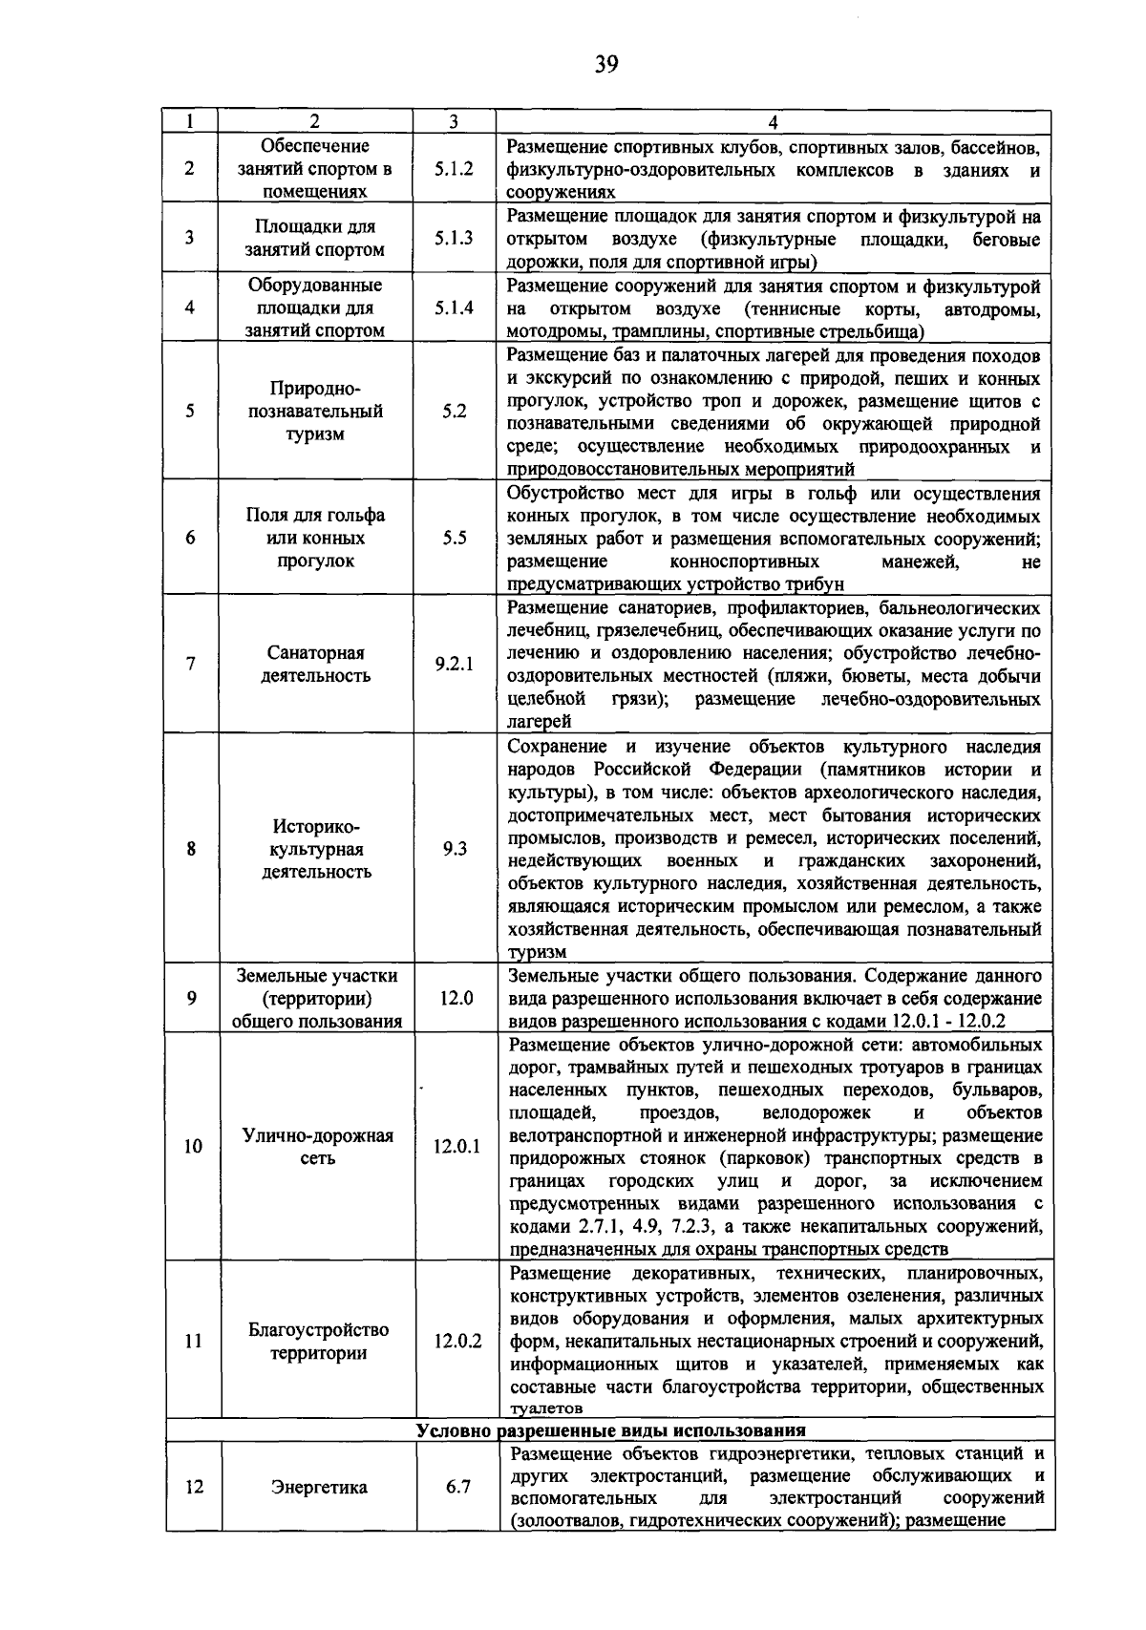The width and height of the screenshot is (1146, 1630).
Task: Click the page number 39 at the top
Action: pyautogui.click(x=606, y=64)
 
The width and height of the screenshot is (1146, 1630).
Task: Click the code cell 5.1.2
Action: pyautogui.click(x=454, y=169)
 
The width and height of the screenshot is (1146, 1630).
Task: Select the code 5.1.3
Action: pyautogui.click(x=454, y=239)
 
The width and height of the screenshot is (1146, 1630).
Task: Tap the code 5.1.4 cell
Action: pyautogui.click(x=454, y=307)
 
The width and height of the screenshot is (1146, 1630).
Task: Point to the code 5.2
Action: pyautogui.click(x=454, y=412)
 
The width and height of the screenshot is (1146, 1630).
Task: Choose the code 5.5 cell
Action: pyautogui.click(x=454, y=538)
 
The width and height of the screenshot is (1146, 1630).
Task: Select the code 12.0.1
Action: pyautogui.click(x=456, y=1147)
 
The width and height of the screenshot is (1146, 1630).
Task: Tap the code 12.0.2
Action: pyautogui.click(x=456, y=1341)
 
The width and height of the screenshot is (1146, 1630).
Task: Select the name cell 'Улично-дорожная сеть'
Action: pyautogui.click(x=317, y=1147)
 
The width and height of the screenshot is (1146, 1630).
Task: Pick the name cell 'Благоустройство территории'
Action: pyautogui.click(x=318, y=1341)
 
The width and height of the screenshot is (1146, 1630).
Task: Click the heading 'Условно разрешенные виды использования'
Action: pyautogui.click(x=611, y=1430)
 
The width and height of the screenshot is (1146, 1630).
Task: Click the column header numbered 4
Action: pyautogui.click(x=773, y=122)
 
